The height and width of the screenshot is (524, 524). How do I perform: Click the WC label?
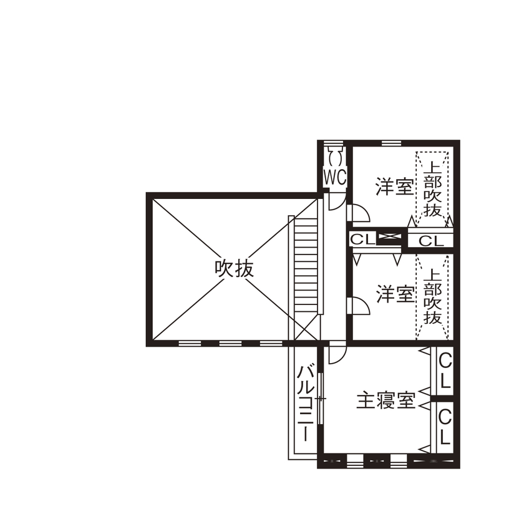point(334,177)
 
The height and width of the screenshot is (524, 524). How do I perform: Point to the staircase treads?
point(306,262)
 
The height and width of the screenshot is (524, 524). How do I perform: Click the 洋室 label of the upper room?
point(395,187)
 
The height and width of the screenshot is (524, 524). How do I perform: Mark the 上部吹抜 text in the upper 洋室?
point(432,188)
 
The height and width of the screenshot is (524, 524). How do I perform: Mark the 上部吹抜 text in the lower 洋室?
point(432,296)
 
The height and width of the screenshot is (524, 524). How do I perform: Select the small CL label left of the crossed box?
point(362,239)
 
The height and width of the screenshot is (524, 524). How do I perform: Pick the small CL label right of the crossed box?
point(430,241)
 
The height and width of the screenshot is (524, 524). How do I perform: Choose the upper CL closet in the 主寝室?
point(445,371)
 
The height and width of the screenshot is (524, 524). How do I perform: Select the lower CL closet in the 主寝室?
point(445,426)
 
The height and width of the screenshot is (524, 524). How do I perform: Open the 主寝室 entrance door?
point(337,354)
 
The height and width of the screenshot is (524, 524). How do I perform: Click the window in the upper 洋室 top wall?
point(391,143)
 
